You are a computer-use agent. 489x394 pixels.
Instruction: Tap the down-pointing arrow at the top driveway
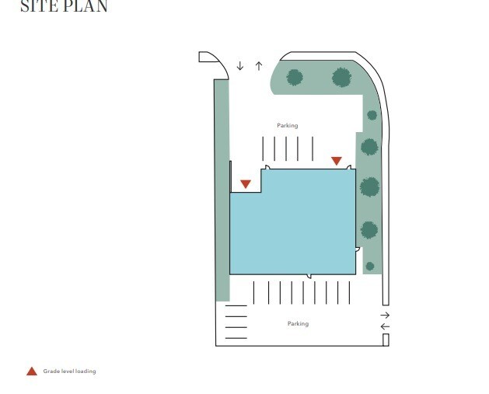click(239, 66)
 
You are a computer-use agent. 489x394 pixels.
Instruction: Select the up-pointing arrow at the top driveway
click(259, 66)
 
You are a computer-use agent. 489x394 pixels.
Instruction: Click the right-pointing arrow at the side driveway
click(385, 316)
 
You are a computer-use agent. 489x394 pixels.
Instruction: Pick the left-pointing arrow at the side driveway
click(385, 326)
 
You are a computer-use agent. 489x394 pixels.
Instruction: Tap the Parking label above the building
click(288, 126)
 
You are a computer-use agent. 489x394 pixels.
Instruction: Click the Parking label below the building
click(298, 323)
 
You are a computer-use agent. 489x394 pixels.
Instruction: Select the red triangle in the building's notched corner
click(246, 184)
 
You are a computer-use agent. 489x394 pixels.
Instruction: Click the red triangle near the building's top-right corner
click(337, 161)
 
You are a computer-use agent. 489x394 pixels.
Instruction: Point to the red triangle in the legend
click(32, 371)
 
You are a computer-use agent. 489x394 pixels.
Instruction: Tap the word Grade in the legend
click(50, 371)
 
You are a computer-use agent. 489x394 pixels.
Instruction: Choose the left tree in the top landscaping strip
click(295, 77)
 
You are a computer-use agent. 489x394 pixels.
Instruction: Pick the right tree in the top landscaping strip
click(342, 77)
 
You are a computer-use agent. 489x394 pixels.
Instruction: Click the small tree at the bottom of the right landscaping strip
click(370, 267)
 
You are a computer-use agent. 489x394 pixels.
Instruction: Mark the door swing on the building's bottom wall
click(309, 276)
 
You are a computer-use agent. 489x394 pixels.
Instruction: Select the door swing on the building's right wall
click(358, 249)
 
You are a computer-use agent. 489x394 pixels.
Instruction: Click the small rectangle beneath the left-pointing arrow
click(386, 340)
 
